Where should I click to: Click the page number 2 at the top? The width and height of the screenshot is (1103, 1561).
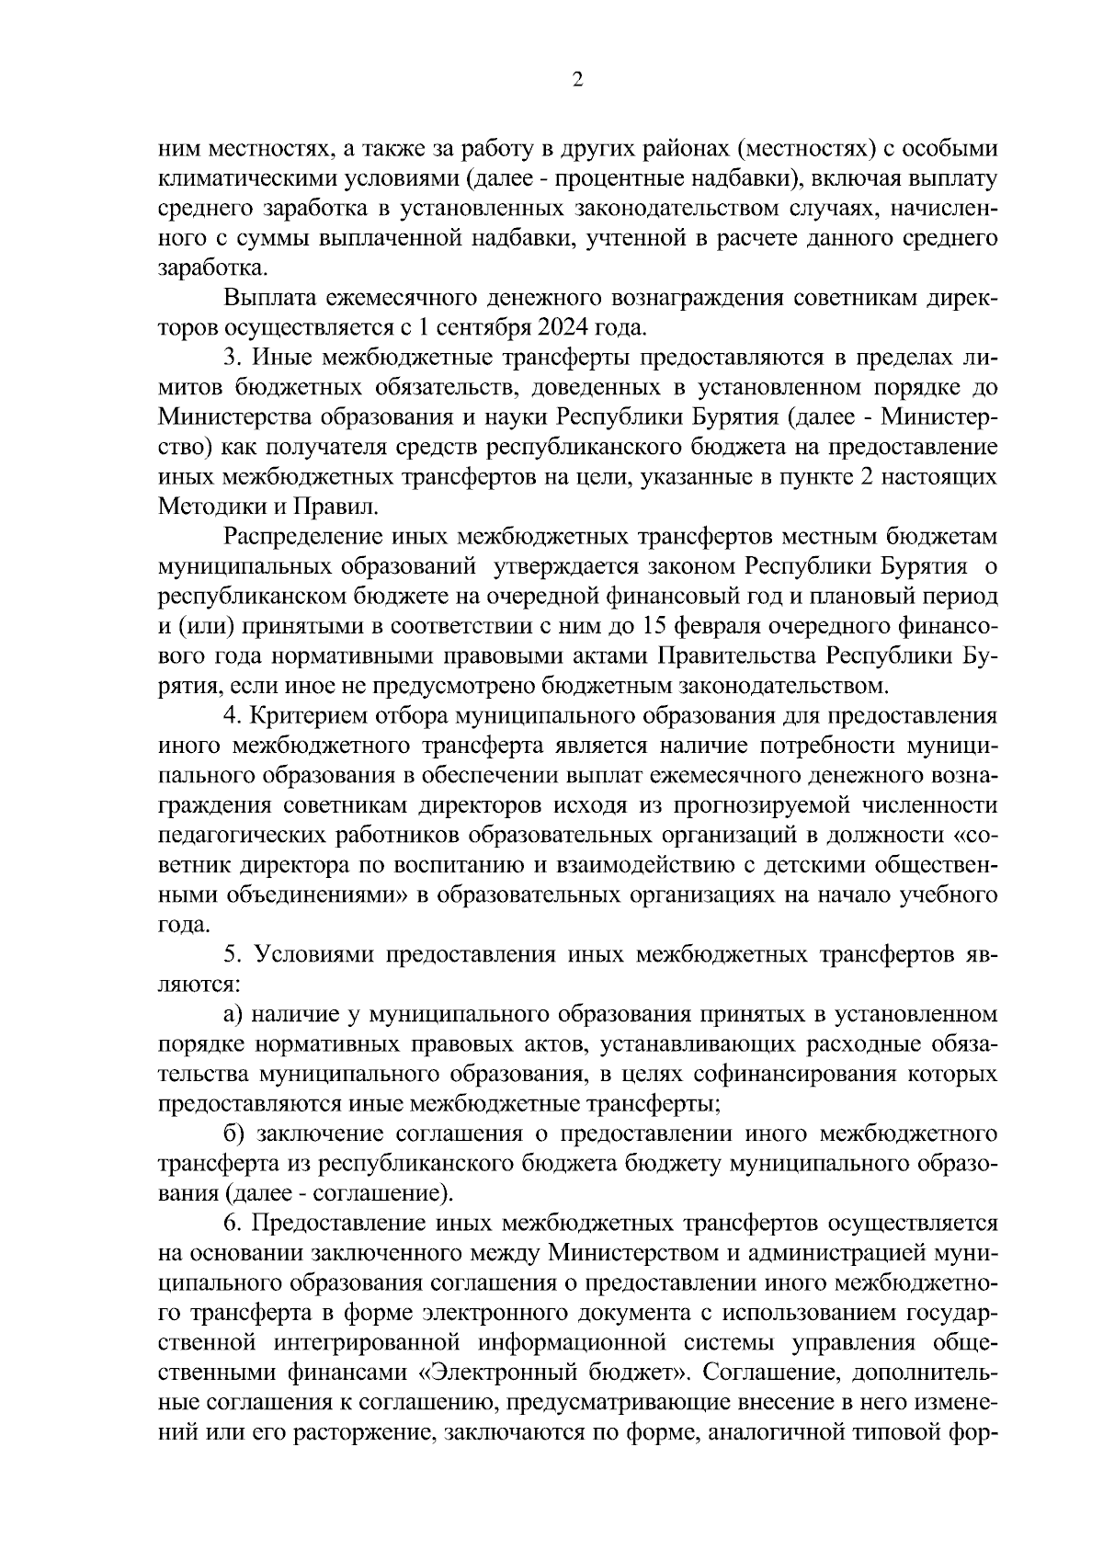[576, 80]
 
